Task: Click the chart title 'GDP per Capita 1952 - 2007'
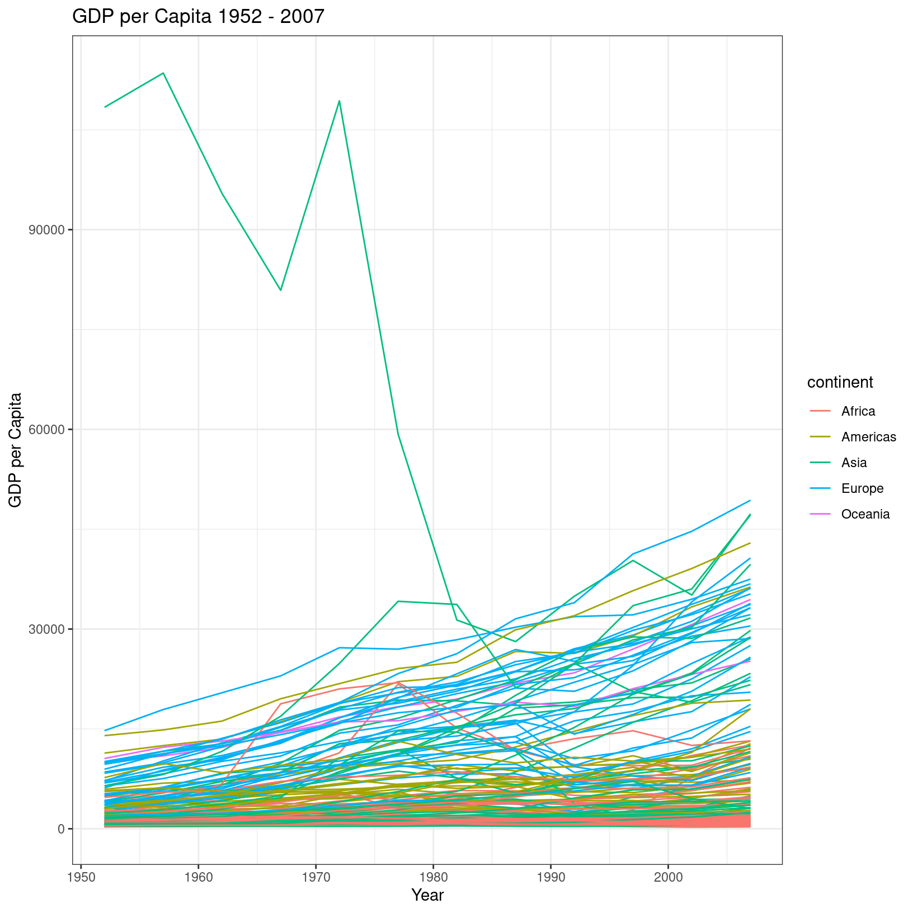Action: pyautogui.click(x=199, y=17)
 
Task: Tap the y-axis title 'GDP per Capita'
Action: pyautogui.click(x=16, y=450)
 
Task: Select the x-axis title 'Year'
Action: pyautogui.click(x=427, y=896)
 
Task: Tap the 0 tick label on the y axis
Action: pyautogui.click(x=61, y=829)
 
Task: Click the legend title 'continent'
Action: pyautogui.click(x=840, y=383)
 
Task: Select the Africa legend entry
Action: pyautogui.click(x=858, y=411)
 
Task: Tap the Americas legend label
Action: pyautogui.click(x=868, y=437)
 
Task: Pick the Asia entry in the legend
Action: pyautogui.click(x=854, y=463)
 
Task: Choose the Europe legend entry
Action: pyautogui.click(x=862, y=488)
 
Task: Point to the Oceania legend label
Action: pyautogui.click(x=865, y=514)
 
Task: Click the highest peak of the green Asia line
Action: pyautogui.click(x=163, y=73)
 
